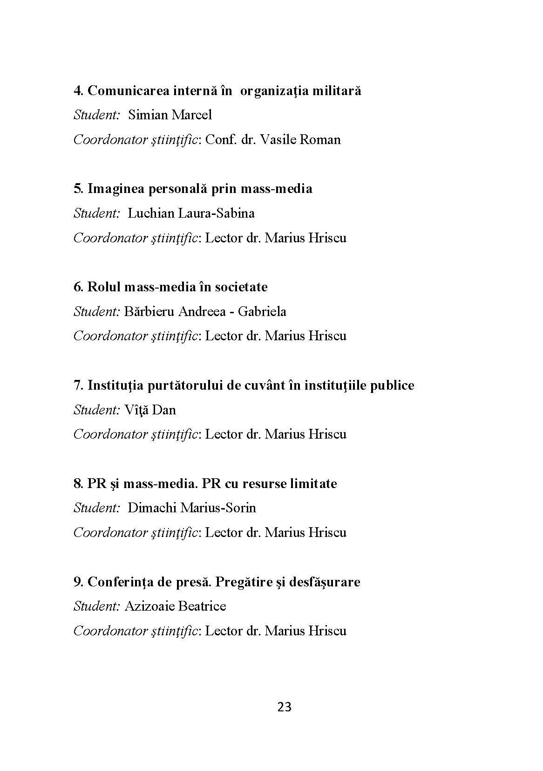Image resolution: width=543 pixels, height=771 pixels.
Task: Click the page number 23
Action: point(284,707)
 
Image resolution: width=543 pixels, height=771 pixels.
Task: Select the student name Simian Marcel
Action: point(170,115)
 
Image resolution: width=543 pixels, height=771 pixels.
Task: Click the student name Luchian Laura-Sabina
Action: point(191,213)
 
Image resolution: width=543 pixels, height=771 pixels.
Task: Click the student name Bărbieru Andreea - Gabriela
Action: point(205,311)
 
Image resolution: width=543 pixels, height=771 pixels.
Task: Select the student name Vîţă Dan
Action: point(150,410)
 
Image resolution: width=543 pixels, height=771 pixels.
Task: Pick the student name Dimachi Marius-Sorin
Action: point(191,508)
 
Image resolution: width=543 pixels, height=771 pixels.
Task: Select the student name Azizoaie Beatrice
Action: point(175,606)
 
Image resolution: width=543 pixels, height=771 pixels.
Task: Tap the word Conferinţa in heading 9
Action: point(120,582)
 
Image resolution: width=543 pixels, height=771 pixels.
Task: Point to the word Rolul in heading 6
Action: point(104,287)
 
